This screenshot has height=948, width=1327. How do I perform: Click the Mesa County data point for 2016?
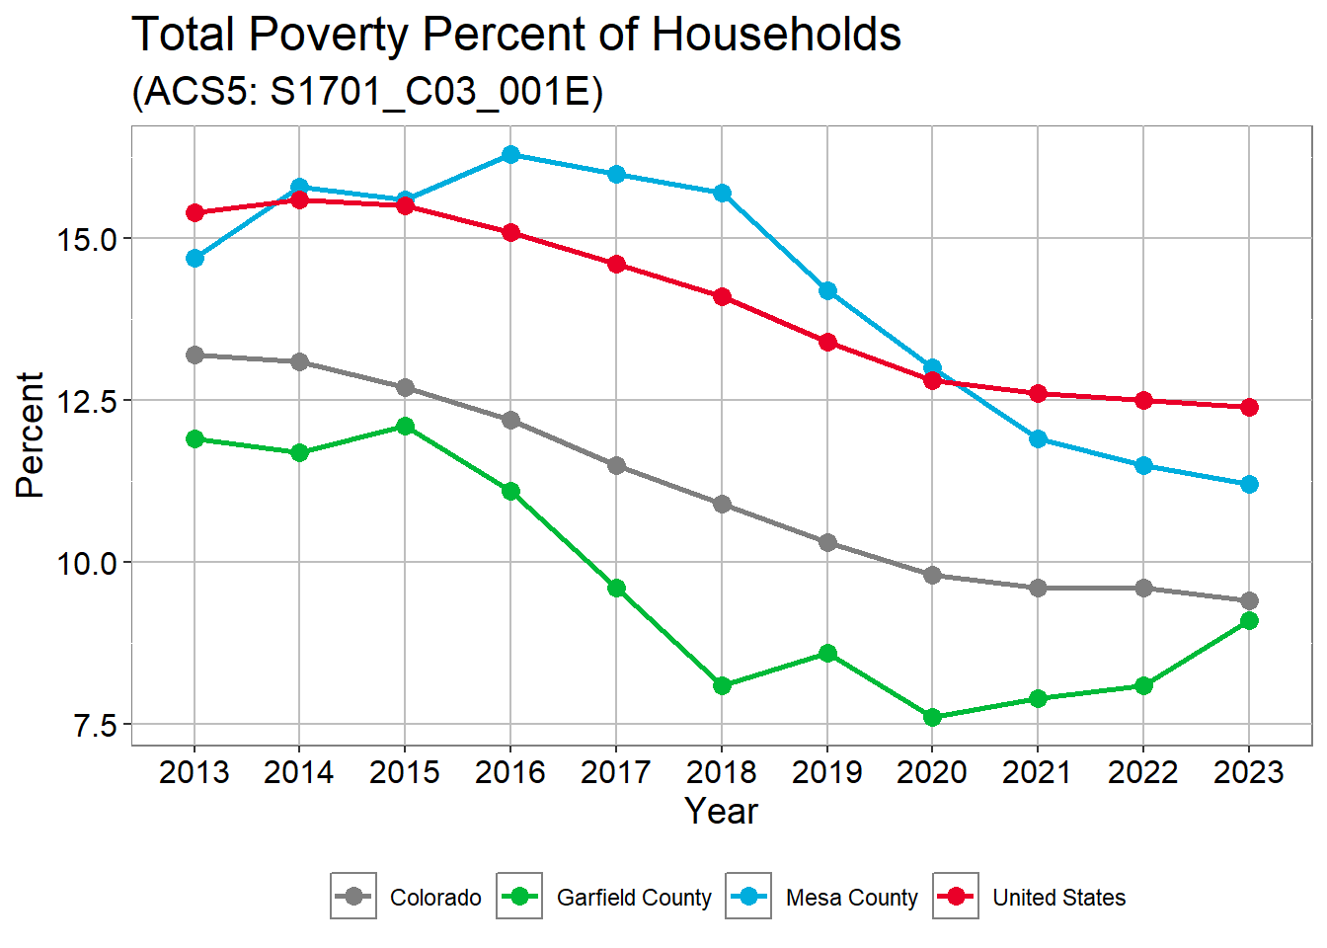(510, 154)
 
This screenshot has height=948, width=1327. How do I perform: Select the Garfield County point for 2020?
(932, 717)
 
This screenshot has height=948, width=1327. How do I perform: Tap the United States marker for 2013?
(195, 212)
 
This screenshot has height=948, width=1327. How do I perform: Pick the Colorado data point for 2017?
(616, 465)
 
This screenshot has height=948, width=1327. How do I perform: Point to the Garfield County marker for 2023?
(1249, 620)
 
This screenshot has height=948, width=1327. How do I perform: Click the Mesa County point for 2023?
(1249, 484)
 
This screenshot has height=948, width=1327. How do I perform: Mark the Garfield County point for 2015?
(405, 426)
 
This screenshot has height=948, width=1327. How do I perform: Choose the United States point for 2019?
(827, 342)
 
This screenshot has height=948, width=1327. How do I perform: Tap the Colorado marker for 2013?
(195, 355)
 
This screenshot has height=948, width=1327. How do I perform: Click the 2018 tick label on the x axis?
(722, 772)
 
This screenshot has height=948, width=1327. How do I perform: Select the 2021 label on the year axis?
(1038, 772)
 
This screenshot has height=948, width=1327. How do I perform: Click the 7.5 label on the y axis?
(95, 726)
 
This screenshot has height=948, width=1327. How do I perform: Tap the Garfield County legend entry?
(634, 898)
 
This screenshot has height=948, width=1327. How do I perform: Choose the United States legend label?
(1058, 898)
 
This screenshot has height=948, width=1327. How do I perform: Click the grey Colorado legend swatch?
(353, 897)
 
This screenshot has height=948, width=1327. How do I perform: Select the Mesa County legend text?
(851, 898)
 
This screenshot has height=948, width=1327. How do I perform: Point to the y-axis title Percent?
(31, 434)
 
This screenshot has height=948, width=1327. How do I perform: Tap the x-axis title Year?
(722, 811)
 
